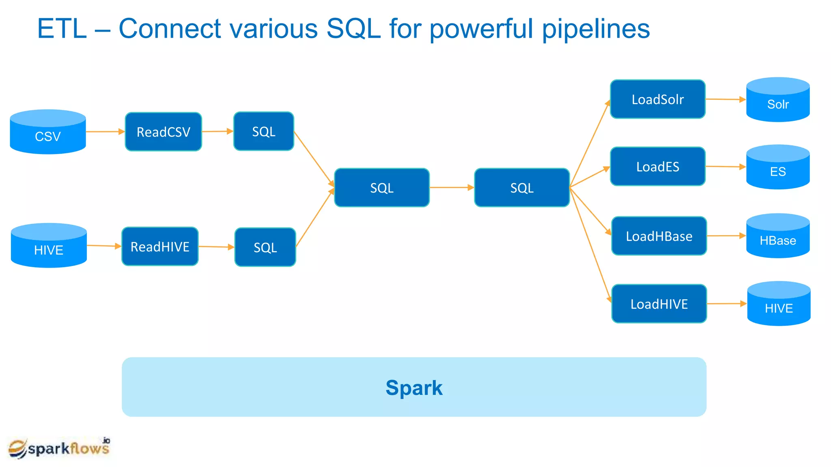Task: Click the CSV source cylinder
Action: [48, 132]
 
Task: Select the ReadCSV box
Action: [163, 132]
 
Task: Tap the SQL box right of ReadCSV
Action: [264, 131]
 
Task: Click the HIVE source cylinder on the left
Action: [49, 246]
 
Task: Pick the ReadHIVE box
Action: [160, 246]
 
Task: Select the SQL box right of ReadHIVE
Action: [265, 247]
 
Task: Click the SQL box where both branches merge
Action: [382, 188]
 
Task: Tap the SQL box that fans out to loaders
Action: [522, 188]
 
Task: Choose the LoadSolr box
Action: [658, 99]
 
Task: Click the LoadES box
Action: [658, 167]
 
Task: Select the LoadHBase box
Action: [659, 236]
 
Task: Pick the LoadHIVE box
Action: [659, 304]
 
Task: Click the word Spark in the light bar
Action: [414, 388]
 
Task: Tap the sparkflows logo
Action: [59, 448]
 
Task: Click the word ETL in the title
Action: [62, 29]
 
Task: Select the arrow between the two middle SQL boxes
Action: [452, 188]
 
